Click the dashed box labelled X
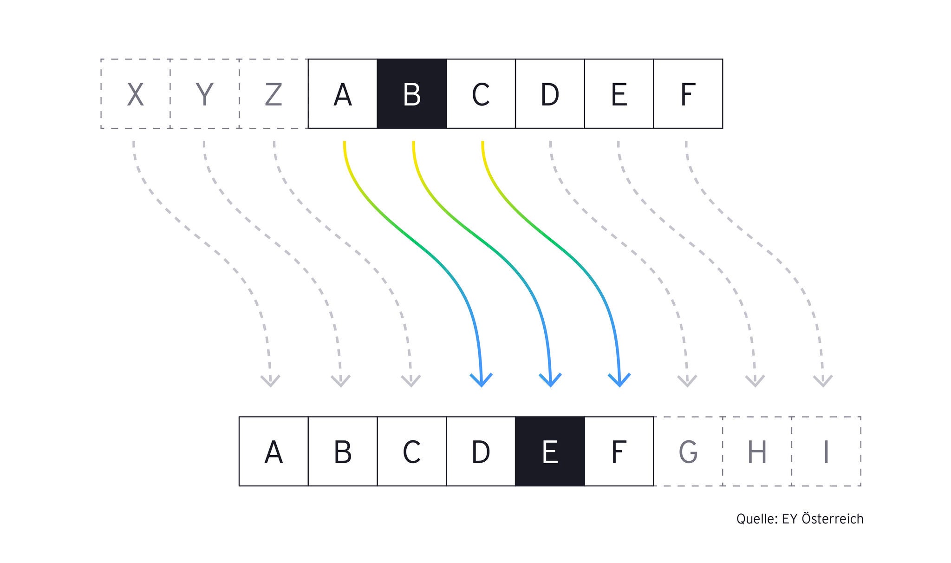click(136, 94)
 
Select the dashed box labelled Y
click(205, 94)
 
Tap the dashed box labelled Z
click(274, 94)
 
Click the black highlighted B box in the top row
click(412, 94)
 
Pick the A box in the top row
click(343, 94)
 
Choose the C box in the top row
click(481, 94)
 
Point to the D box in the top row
click(550, 94)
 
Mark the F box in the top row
click(688, 94)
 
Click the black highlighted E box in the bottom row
click(550, 452)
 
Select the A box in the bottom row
click(274, 452)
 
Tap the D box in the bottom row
click(481, 452)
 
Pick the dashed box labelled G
click(688, 452)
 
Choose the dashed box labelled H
click(757, 452)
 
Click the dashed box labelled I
click(827, 452)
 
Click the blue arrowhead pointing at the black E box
click(550, 380)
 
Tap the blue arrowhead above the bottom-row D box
click(481, 380)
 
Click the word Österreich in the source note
click(833, 518)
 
